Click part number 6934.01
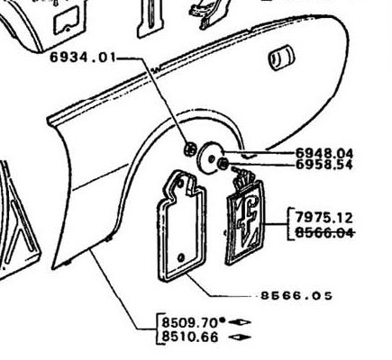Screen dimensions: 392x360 click(83, 57)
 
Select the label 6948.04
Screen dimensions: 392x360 click(324, 154)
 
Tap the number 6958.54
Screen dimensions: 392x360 click(324, 165)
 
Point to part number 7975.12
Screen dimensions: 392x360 click(324, 218)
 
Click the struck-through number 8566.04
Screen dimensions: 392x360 click(324, 232)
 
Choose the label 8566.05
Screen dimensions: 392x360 click(296, 296)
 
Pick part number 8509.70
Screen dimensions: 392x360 click(190, 323)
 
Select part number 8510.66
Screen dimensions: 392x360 click(190, 337)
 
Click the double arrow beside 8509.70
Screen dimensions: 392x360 click(240, 322)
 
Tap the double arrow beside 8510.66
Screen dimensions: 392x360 click(240, 337)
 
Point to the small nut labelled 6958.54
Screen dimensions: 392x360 click(223, 164)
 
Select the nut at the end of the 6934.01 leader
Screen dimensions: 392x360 click(190, 148)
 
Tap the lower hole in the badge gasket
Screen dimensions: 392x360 click(181, 257)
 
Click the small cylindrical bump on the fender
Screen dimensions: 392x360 click(281, 58)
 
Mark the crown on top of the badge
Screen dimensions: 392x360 click(245, 177)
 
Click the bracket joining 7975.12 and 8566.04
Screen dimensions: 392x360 click(288, 224)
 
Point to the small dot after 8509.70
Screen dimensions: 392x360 click(222, 320)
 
